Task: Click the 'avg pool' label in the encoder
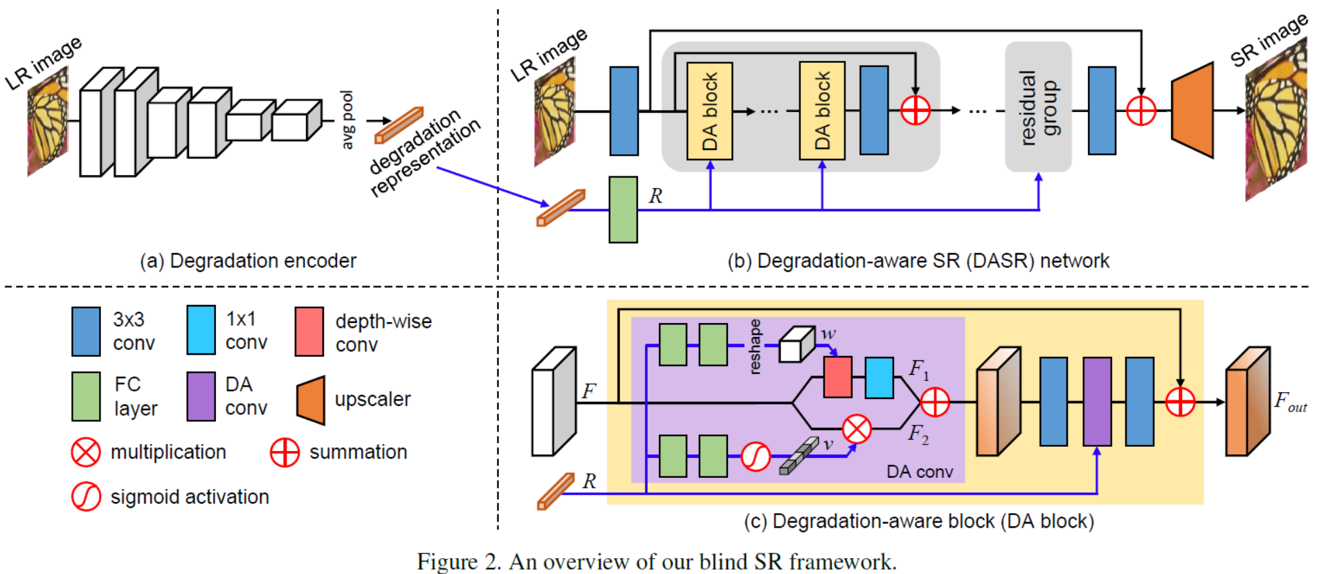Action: pos(347,119)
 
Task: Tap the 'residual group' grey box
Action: pos(1037,107)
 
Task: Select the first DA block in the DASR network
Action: pos(709,111)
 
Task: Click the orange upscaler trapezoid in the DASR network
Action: pos(1192,110)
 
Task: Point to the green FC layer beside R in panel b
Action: pos(623,210)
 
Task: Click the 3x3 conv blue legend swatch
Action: pos(86,332)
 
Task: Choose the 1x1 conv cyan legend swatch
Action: pos(201,331)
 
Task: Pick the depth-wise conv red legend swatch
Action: pos(309,332)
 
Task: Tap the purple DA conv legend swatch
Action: pos(201,396)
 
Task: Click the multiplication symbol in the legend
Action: pos(86,452)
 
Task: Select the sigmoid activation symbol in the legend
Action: pos(86,497)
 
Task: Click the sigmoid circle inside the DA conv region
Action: pos(755,456)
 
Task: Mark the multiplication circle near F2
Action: pos(856,429)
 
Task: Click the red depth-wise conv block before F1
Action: pos(837,378)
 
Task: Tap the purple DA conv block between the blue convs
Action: pos(1097,401)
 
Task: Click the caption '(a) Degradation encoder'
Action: pos(248,261)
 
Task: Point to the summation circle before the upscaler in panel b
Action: pos(1141,111)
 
